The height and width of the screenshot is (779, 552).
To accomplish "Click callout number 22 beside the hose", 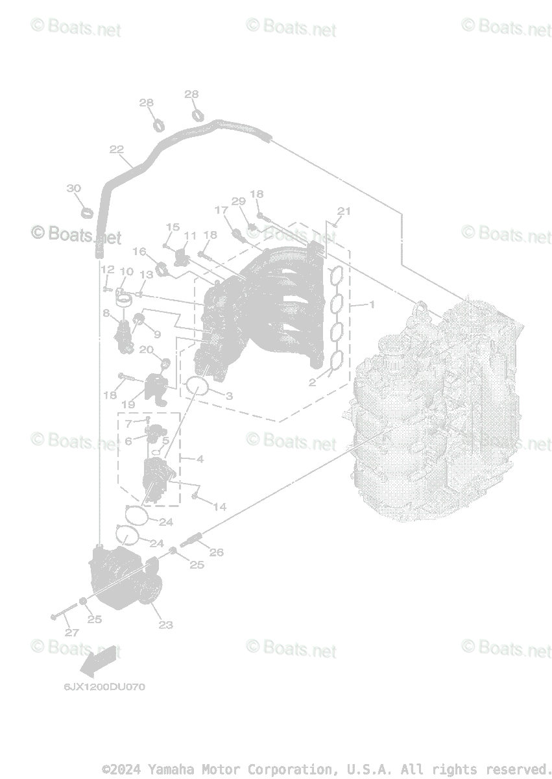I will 117,149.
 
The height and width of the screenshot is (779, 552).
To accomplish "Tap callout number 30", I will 74,188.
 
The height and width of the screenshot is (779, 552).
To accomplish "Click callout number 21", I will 344,210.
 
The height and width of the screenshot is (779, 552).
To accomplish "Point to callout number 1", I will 372,304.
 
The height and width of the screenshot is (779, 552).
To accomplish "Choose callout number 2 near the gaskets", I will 312,382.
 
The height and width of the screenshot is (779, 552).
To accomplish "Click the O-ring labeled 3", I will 197,386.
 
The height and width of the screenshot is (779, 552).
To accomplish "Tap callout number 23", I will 166,625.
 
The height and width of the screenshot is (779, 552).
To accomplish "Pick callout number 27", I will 71,632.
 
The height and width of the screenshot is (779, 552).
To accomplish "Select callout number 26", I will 216,552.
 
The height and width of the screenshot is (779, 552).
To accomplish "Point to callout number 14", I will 220,506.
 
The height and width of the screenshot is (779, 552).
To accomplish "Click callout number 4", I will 200,459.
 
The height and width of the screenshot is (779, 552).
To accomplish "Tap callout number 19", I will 128,404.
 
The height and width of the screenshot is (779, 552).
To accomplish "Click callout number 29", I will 239,201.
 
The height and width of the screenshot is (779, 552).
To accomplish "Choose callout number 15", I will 172,227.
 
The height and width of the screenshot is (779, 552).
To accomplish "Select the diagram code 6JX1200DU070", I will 104,687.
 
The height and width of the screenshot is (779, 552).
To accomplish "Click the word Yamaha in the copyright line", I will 170,769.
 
